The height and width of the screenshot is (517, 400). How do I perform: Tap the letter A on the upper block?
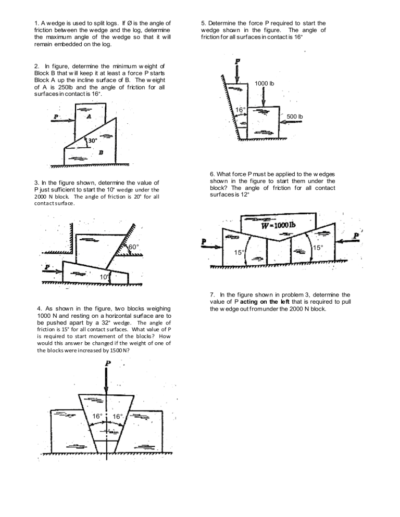[89, 118]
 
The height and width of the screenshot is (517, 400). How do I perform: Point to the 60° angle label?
[134, 245]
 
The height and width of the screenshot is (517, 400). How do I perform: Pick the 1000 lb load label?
[264, 83]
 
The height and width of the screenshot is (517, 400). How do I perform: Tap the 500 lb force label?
[295, 117]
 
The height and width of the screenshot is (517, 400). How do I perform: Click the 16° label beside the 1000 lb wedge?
[240, 110]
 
